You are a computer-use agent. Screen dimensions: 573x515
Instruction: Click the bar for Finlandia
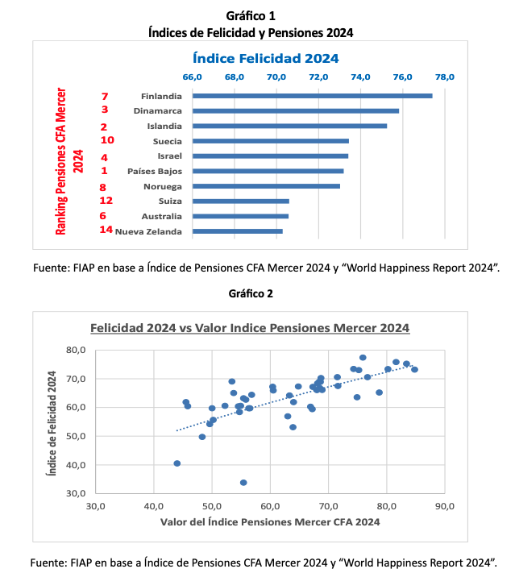point(312,96)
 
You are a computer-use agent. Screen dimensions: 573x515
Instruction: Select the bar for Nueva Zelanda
point(237,231)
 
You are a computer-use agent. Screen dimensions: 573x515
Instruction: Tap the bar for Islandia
point(289,126)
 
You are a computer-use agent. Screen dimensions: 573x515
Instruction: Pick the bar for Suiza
point(240,201)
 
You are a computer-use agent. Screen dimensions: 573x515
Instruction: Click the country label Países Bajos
point(155,172)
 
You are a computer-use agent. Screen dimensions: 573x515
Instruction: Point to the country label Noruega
point(162,186)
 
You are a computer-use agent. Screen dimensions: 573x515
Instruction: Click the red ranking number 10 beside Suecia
point(107,140)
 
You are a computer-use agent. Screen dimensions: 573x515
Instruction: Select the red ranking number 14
point(106,230)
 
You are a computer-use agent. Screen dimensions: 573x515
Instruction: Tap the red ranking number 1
point(104,171)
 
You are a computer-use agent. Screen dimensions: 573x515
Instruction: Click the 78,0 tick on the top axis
point(445,77)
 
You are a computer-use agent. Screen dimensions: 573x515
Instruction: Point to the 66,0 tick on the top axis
point(193,77)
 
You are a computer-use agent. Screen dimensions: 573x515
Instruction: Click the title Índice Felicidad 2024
point(265,58)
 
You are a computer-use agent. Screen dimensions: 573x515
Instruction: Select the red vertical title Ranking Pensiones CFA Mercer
point(61,161)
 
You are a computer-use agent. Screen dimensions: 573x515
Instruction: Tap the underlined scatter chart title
point(249,328)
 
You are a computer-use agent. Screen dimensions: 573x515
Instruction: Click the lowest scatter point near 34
point(243,483)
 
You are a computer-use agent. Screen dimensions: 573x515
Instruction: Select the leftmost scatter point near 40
point(177,463)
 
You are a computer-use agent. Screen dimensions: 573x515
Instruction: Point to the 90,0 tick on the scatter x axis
point(445,505)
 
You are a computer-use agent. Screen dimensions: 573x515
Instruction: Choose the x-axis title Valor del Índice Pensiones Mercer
point(270,521)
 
